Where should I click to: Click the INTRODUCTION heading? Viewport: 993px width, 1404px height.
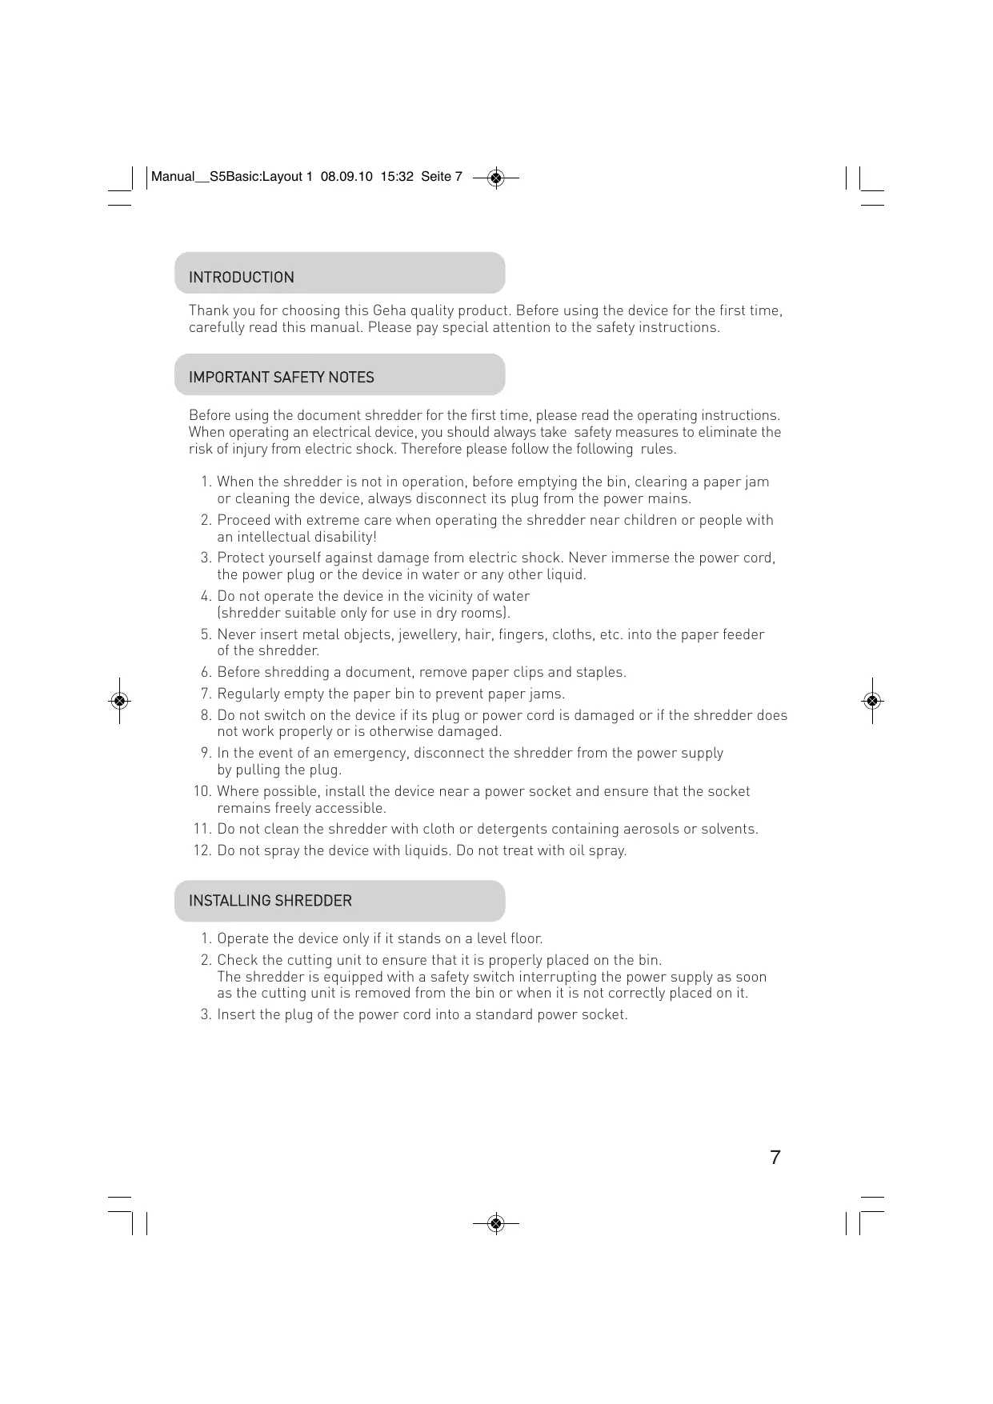click(x=241, y=278)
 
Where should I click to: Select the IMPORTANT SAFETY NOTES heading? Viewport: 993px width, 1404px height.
click(x=281, y=378)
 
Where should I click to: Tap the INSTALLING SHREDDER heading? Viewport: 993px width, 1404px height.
click(x=270, y=901)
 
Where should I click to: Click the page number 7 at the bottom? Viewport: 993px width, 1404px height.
click(x=775, y=1158)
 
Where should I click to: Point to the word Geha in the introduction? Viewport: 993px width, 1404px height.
click(x=389, y=310)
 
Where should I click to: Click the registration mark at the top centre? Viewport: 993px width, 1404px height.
click(x=496, y=178)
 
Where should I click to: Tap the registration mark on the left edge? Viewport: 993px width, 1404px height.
click(x=119, y=701)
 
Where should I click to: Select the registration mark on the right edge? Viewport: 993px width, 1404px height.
click(x=872, y=701)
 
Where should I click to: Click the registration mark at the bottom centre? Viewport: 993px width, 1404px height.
click(x=496, y=1223)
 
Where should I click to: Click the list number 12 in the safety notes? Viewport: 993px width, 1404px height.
click(x=202, y=850)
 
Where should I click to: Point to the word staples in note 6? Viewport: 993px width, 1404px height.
click(x=599, y=672)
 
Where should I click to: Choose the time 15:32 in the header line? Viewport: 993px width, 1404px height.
click(x=397, y=177)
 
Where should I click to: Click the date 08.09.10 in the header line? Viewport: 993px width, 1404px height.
click(x=346, y=177)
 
